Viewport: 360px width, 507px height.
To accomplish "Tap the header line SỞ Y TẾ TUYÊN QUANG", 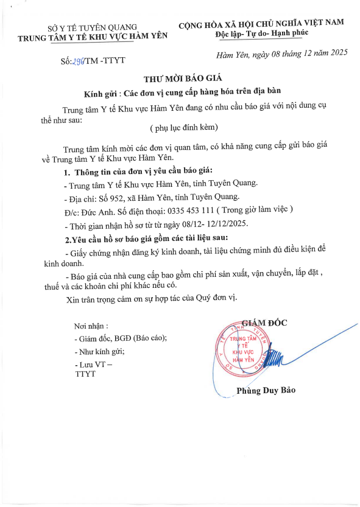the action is coord(92,28).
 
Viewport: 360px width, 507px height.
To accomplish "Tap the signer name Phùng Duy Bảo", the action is coord(266,390).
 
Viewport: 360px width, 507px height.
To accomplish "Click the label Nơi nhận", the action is coord(91,326).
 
